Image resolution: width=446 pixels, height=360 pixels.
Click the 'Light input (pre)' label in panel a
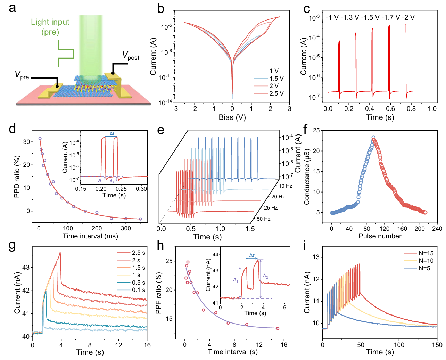(50, 27)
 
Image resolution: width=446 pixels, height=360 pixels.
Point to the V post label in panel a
(131, 56)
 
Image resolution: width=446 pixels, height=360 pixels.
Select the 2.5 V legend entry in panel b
(276, 93)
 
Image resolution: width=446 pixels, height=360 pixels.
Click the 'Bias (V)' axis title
(232, 117)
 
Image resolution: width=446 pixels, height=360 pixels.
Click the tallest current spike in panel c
(405, 24)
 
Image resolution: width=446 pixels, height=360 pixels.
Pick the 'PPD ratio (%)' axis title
(17, 177)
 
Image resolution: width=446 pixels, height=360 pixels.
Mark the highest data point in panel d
(40, 139)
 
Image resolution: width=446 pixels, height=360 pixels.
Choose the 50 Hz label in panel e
(264, 219)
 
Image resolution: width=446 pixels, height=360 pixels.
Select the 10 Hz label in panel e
(286, 186)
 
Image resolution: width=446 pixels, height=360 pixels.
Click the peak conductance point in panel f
(373, 137)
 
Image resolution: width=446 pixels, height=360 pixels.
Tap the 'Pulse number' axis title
(380, 236)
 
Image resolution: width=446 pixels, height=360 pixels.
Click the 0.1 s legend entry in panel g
(138, 290)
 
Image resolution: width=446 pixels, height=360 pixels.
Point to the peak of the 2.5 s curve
(60, 252)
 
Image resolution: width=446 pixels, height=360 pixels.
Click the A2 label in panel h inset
(265, 276)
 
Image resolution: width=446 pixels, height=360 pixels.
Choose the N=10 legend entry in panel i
(426, 261)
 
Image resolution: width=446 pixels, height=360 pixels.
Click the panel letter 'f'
(305, 129)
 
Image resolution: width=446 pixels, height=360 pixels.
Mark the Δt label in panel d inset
(112, 133)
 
